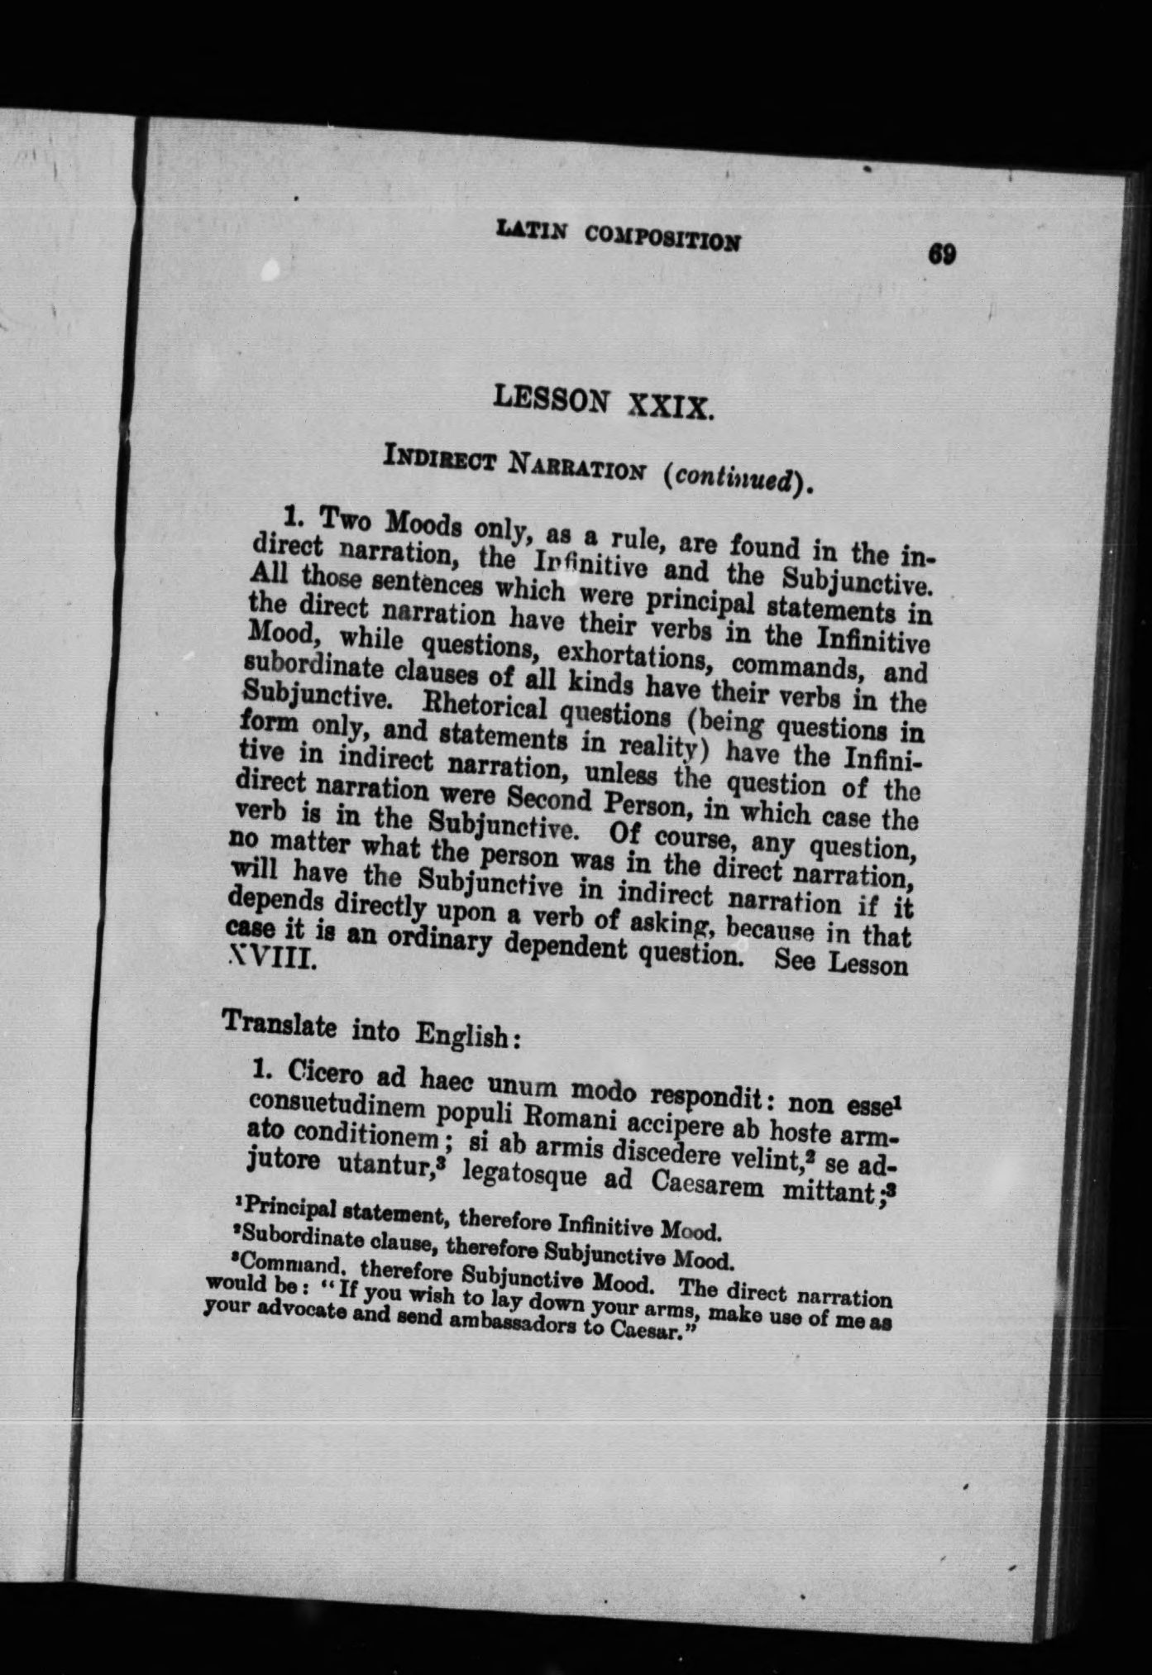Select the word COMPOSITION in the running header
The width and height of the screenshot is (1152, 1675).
(x=662, y=238)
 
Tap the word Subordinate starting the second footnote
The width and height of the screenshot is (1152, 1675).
(x=289, y=1238)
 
